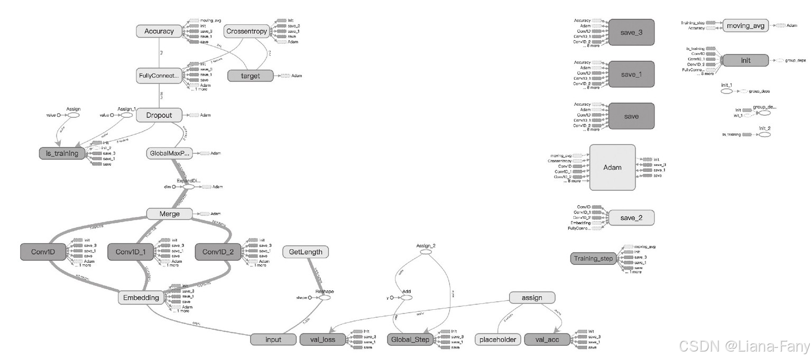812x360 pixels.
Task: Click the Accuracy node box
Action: (x=159, y=31)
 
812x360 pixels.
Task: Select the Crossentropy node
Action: (x=246, y=31)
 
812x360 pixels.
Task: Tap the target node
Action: (x=251, y=76)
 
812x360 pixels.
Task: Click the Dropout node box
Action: (x=159, y=115)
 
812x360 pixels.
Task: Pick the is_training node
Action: (x=62, y=153)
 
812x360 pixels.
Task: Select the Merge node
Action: (x=169, y=214)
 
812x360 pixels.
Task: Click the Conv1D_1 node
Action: (x=130, y=252)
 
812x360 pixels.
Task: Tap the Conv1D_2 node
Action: (x=218, y=252)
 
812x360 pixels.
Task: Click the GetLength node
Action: (x=306, y=252)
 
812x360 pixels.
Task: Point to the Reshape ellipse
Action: (x=324, y=298)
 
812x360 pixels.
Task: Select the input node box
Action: (x=273, y=339)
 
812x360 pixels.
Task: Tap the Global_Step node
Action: (x=410, y=339)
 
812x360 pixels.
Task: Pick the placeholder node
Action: (x=498, y=339)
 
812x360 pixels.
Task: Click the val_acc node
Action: (x=548, y=339)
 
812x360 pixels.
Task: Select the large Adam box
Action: (x=612, y=167)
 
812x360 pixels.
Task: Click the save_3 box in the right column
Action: (x=631, y=32)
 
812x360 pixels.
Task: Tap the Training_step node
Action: (x=593, y=259)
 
